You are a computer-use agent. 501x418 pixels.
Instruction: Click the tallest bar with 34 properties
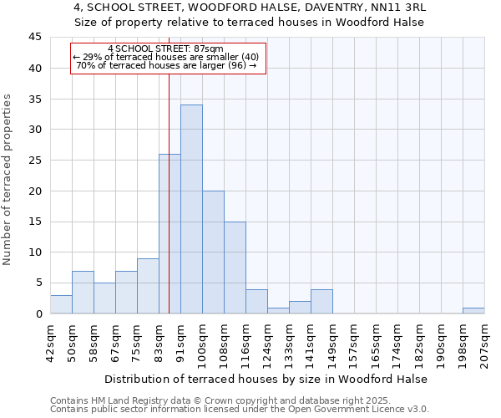point(191,209)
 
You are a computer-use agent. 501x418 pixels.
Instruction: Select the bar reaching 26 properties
point(170,234)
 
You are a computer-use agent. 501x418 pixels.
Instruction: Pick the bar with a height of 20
point(213,252)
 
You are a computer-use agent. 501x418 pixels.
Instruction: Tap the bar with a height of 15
point(235,268)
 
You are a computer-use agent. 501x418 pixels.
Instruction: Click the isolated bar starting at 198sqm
point(473,310)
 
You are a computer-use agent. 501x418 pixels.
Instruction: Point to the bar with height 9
point(148,286)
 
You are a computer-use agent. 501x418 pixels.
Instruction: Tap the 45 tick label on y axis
point(35,38)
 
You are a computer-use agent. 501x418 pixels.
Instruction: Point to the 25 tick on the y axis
point(35,161)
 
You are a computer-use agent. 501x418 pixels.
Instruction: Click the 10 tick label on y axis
point(35,252)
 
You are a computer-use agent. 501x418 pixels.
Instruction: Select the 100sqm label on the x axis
point(203,340)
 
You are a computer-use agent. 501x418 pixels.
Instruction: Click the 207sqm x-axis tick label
point(485,340)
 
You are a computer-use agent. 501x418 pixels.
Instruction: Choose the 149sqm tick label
point(333,340)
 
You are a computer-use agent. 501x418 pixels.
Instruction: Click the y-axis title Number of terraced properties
point(8,180)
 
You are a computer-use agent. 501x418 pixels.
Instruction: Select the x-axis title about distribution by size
point(267,379)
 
